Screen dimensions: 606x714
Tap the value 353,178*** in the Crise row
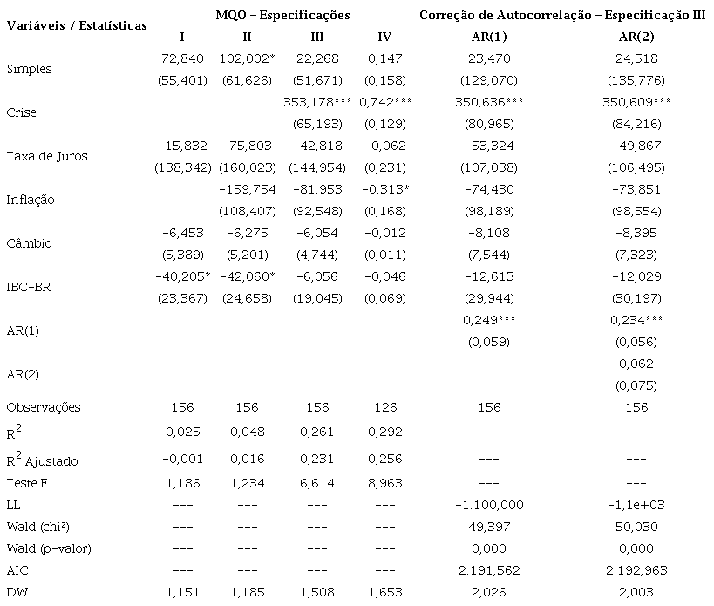tap(317, 102)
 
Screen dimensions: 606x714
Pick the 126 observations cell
tap(384, 407)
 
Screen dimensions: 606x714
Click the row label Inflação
tap(30, 200)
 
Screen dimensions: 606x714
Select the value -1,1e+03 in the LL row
tap(636, 505)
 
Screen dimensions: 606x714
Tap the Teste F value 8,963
tap(384, 483)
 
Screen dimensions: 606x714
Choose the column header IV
tap(385, 37)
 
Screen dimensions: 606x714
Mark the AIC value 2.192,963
tap(636, 570)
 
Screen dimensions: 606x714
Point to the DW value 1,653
tap(384, 592)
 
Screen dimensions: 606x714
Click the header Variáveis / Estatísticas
tap(77, 25)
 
